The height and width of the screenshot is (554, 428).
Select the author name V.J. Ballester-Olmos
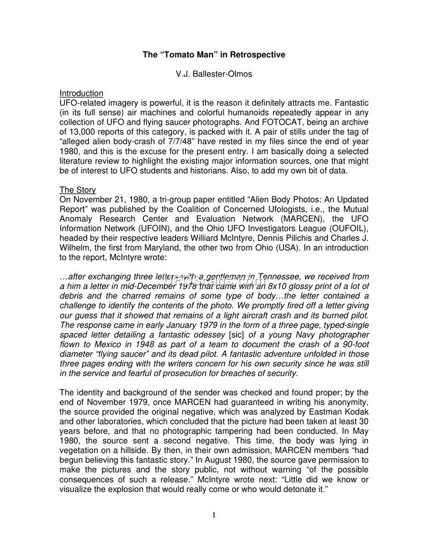tap(214, 74)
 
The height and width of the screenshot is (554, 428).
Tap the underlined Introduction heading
tap(81, 93)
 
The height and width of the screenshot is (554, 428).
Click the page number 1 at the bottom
tap(214, 515)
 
